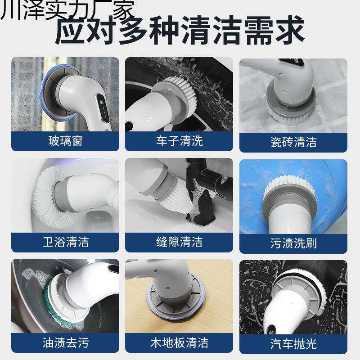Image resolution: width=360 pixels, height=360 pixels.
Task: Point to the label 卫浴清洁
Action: [65, 242]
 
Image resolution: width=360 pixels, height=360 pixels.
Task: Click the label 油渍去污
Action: [65, 343]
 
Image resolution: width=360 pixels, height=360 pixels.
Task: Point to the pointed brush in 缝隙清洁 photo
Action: [178, 198]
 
